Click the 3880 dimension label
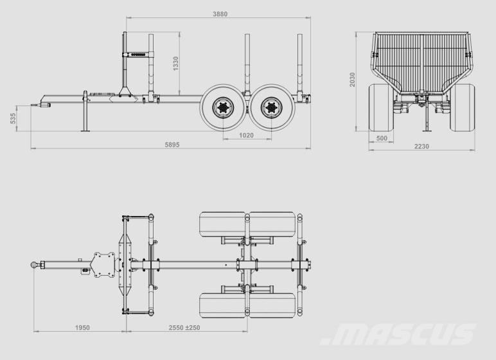pyautogui.click(x=220, y=14)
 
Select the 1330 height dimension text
pyautogui.click(x=176, y=64)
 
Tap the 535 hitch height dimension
pyautogui.click(x=13, y=118)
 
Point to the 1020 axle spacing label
pyautogui.click(x=246, y=136)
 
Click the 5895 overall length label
pyautogui.click(x=172, y=145)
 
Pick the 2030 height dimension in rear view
pyautogui.click(x=352, y=80)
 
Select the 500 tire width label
pyautogui.click(x=382, y=138)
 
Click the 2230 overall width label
pyautogui.click(x=421, y=147)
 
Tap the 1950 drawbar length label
pyautogui.click(x=82, y=328)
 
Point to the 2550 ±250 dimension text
pyautogui.click(x=184, y=328)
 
